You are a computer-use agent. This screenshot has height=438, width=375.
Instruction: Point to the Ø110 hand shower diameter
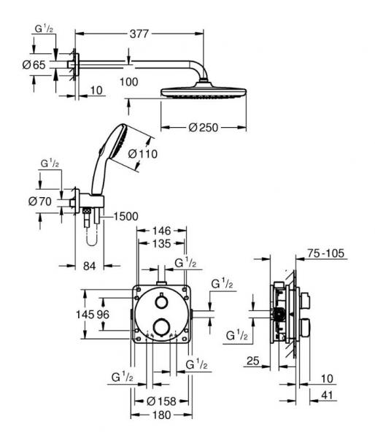143,154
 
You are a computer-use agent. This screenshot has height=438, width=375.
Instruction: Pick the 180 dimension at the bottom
161,415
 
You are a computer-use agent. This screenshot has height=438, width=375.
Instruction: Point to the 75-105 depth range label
325,255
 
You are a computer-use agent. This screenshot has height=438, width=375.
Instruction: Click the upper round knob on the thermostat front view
161,302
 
